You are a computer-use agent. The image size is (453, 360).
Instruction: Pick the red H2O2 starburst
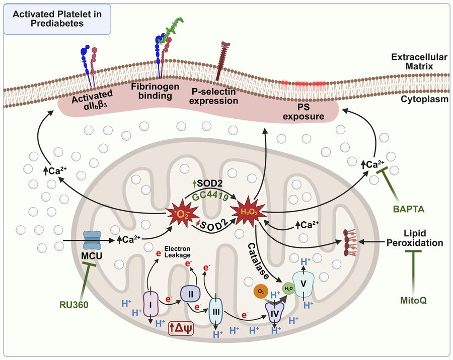pyautogui.click(x=247, y=211)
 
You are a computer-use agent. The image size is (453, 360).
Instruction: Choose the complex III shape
pyautogui.click(x=216, y=312)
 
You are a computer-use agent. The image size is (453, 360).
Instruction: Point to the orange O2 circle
pyautogui.click(x=260, y=292)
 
